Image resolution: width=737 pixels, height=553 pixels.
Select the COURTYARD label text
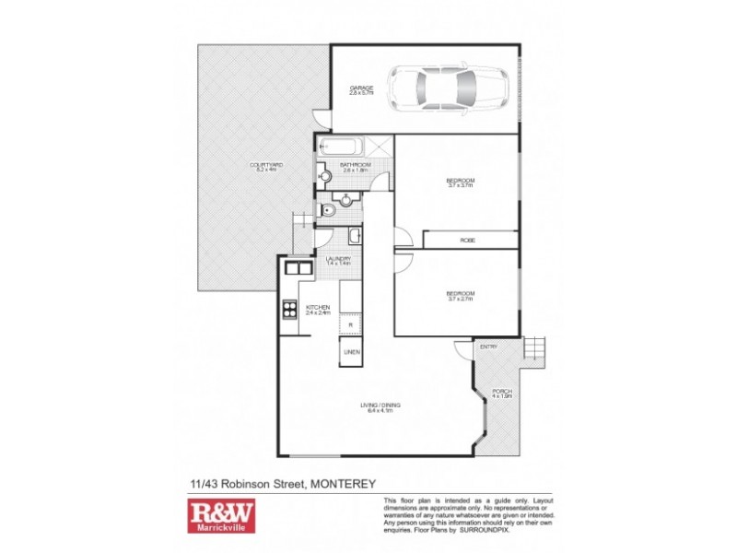point(266,167)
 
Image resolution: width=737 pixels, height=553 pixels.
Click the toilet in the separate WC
point(322,210)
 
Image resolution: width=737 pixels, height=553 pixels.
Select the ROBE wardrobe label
point(468,240)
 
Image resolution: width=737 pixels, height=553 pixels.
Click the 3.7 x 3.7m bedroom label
point(460,182)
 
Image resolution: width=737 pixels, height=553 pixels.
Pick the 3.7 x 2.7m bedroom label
point(460,294)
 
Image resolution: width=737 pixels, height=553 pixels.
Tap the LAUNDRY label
point(338,261)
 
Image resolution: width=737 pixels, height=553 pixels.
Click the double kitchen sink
point(297,269)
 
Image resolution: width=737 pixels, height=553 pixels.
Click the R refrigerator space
point(350,325)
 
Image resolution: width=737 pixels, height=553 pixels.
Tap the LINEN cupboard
point(351,352)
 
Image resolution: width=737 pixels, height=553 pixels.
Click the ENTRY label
point(488,347)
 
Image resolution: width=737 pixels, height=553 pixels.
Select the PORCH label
point(503,395)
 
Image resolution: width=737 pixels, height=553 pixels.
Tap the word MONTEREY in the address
point(343,482)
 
